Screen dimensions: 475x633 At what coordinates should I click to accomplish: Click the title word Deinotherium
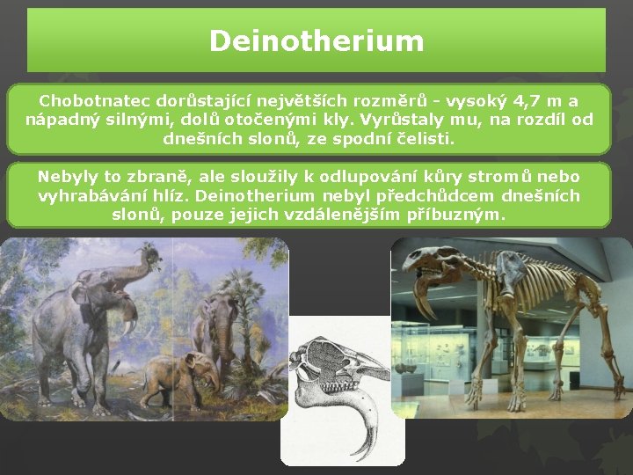(316, 40)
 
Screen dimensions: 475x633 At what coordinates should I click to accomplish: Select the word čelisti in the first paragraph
(425, 138)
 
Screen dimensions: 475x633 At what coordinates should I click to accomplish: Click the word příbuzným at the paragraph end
(456, 215)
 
